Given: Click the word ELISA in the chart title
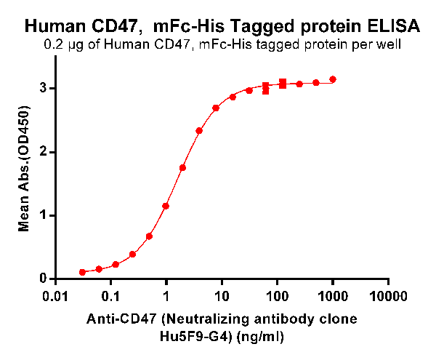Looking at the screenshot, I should point(394,27).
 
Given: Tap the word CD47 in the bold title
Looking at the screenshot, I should point(121,27).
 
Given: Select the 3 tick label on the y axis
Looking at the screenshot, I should point(44,88).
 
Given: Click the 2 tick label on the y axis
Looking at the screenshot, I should point(44,152).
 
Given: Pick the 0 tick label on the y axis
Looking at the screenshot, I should point(44,279).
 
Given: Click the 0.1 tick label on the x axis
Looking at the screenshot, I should point(110,297).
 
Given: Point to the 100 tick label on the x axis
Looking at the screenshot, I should point(278,297).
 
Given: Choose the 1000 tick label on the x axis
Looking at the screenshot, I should point(334,297).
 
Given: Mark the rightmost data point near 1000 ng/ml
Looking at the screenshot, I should point(333,79).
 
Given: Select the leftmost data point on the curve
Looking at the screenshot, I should point(83,272).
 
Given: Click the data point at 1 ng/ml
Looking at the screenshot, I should point(166,206).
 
